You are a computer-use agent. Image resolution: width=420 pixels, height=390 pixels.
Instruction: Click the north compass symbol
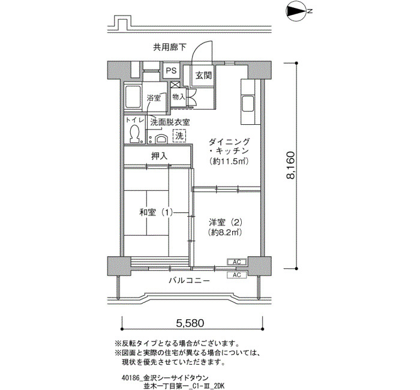(x=296, y=11)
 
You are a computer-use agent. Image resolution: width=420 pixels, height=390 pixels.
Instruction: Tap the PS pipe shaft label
(x=171, y=70)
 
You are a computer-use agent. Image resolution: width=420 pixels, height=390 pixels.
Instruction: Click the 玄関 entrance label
(x=203, y=76)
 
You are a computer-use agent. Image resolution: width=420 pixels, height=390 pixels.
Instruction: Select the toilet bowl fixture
(x=134, y=133)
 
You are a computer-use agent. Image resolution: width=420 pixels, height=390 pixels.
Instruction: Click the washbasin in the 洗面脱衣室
(x=161, y=139)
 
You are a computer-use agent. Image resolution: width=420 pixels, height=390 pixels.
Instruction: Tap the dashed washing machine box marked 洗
(x=179, y=136)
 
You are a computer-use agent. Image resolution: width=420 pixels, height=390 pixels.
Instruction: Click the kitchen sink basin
(x=248, y=105)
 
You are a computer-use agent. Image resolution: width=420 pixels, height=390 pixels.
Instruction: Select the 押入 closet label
(x=159, y=156)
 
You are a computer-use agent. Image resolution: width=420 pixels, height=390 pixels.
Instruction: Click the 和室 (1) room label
(x=156, y=212)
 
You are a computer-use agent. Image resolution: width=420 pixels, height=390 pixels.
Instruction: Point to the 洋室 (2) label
(x=226, y=222)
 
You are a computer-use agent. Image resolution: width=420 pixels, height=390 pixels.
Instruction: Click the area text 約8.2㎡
(x=225, y=232)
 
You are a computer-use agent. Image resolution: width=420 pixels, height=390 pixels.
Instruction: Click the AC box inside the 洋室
(x=237, y=262)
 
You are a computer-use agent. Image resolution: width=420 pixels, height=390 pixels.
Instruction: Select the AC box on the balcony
(x=237, y=275)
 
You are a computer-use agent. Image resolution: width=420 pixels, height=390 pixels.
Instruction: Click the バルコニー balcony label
(x=189, y=281)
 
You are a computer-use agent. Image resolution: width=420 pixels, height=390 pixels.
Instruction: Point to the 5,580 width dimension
(x=190, y=323)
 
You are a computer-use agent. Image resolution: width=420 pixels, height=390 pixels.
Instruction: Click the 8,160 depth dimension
(x=290, y=165)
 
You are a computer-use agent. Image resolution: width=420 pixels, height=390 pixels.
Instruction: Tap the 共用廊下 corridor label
(x=170, y=47)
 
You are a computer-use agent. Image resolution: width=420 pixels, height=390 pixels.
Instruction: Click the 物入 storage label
(x=179, y=97)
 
